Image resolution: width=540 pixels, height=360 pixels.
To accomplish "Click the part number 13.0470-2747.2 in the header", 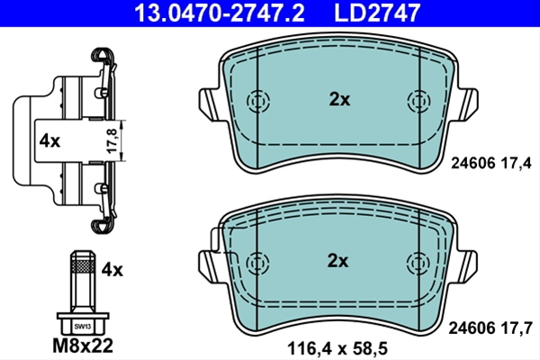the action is pos(220,13).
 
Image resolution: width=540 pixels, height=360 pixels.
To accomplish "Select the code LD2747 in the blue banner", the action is pos(377,13).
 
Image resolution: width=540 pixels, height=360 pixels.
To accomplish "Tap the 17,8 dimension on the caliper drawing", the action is pos(112,140).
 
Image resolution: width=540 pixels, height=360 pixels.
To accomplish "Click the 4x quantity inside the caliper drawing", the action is pos(49,141).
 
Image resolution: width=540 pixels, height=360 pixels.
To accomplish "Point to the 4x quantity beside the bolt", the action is pos(112,270).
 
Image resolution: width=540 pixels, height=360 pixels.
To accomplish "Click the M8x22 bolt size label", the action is pos(83,346).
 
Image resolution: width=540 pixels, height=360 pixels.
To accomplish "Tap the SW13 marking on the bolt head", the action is pos(83,327).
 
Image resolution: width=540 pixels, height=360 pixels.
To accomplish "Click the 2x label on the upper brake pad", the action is pos(339,100).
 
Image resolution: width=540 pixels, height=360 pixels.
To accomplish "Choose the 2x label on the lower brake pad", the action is pos(337,261).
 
